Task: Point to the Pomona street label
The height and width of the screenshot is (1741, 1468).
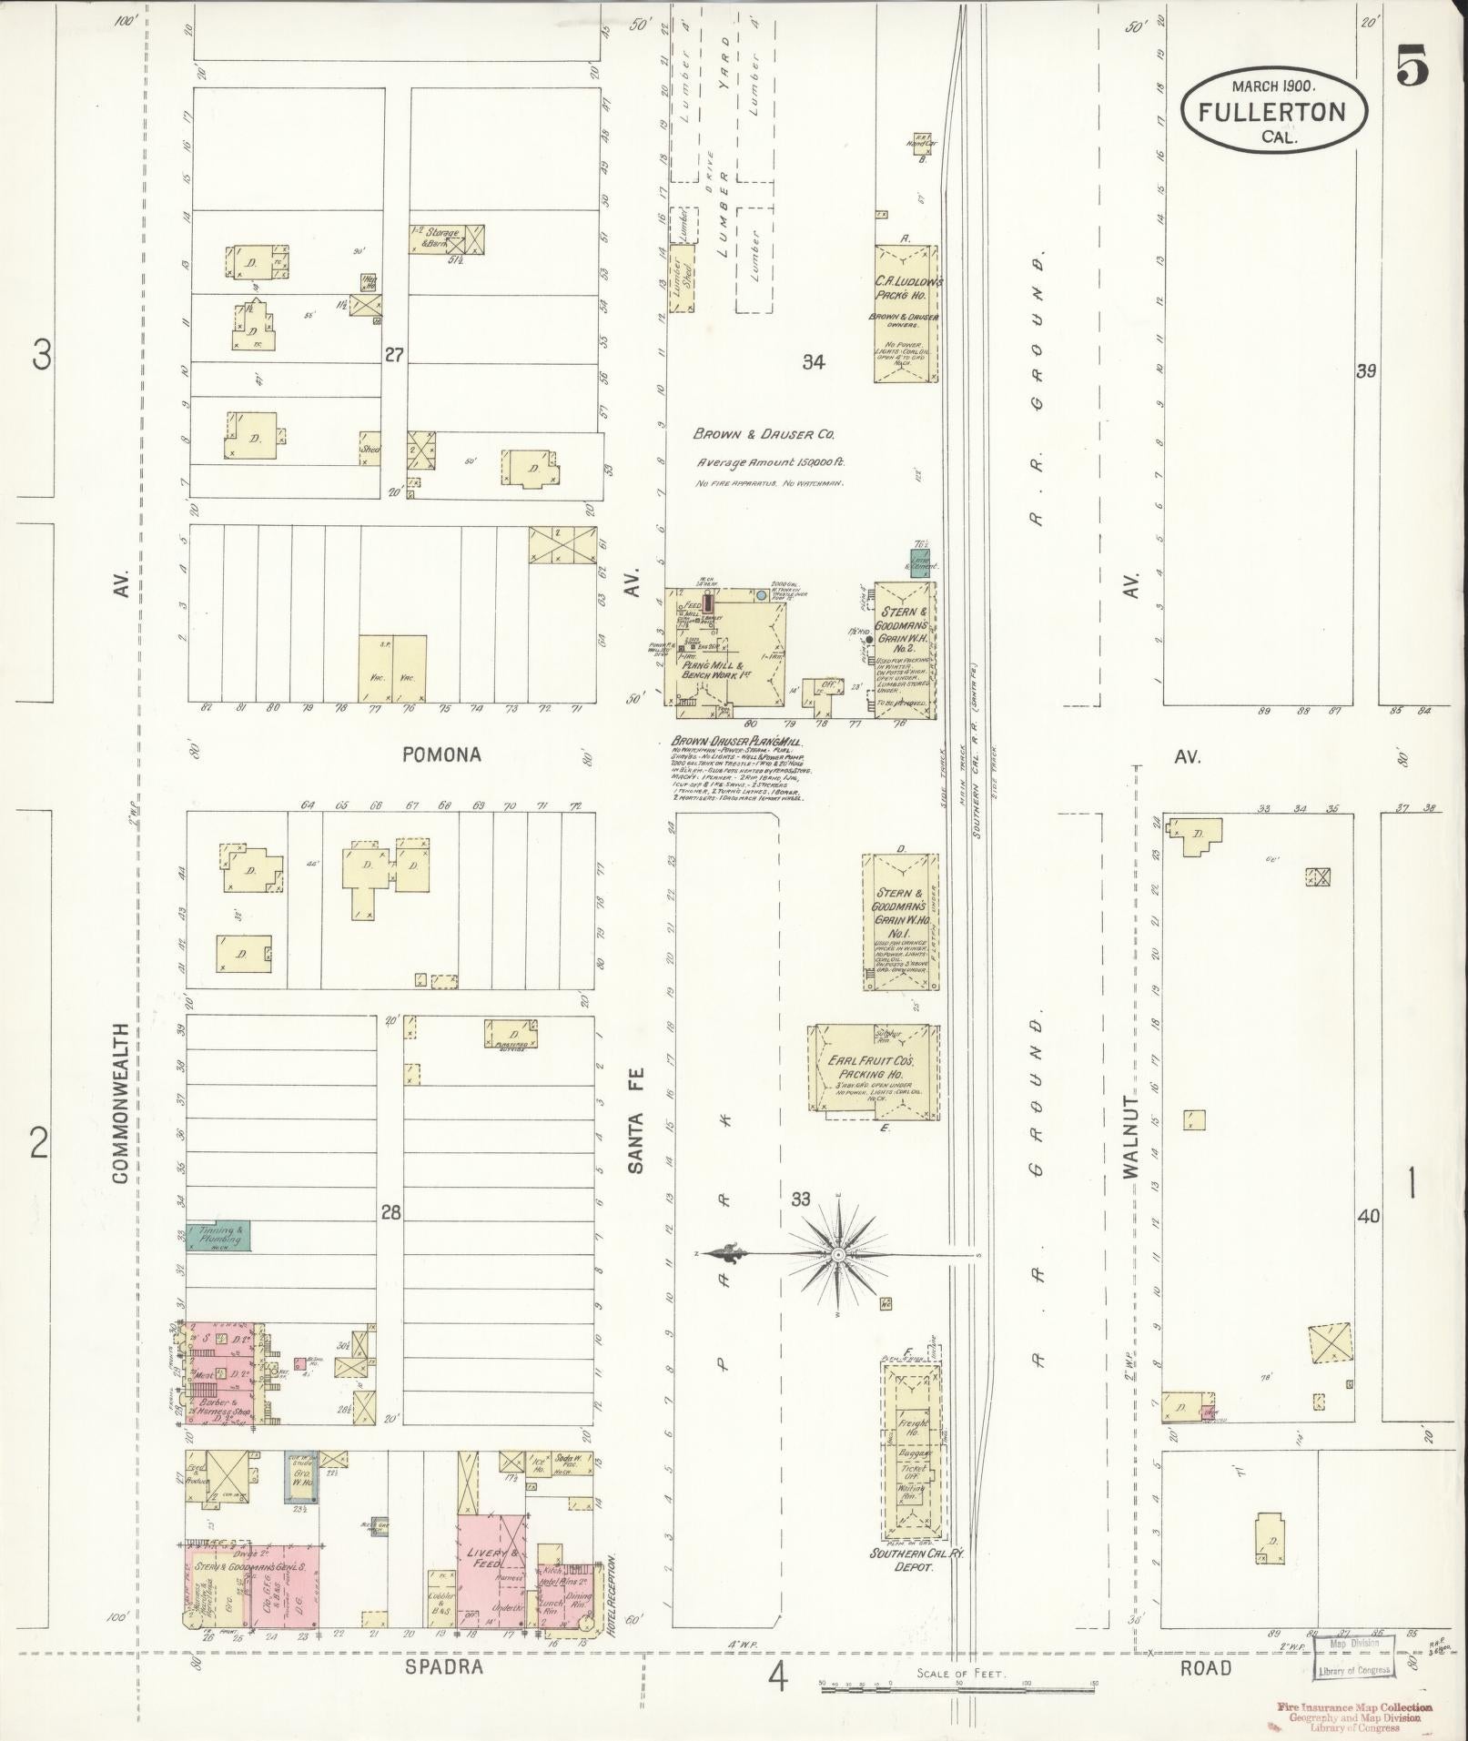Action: tap(440, 754)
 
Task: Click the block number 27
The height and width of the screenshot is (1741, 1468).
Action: tap(392, 355)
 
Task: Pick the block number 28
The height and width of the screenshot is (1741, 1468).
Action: tap(390, 1212)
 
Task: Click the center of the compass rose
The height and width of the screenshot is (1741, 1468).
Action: tap(836, 1254)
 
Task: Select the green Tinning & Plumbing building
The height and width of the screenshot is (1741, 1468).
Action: tap(218, 1236)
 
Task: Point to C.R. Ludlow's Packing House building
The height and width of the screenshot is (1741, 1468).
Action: tap(906, 312)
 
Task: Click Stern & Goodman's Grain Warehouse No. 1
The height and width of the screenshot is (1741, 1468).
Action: tap(900, 921)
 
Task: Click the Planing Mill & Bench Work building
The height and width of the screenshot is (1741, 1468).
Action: tap(728, 647)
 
